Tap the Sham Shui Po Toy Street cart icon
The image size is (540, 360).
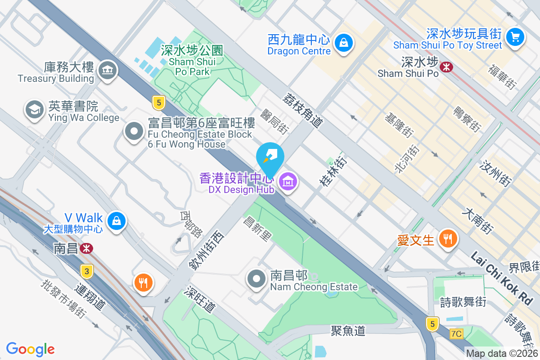(515, 36)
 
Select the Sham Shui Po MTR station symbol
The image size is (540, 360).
(447, 67)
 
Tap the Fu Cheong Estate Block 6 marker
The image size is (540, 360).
(134, 131)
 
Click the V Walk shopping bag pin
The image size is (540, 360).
(117, 221)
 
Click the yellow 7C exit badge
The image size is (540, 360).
(456, 333)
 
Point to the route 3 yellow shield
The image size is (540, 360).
(86, 271)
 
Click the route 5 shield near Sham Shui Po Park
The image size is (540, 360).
(158, 103)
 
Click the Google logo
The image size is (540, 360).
(31, 349)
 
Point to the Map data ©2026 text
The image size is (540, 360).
(502, 353)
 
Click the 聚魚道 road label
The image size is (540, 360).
(348, 331)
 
